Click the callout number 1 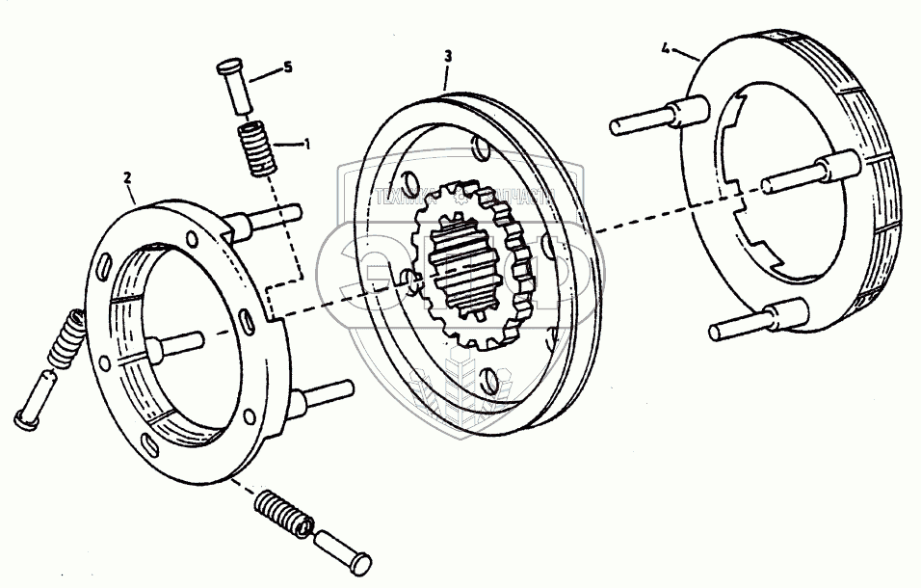point(306,145)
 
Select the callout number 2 point(127,177)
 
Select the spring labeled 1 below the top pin point(255,147)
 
